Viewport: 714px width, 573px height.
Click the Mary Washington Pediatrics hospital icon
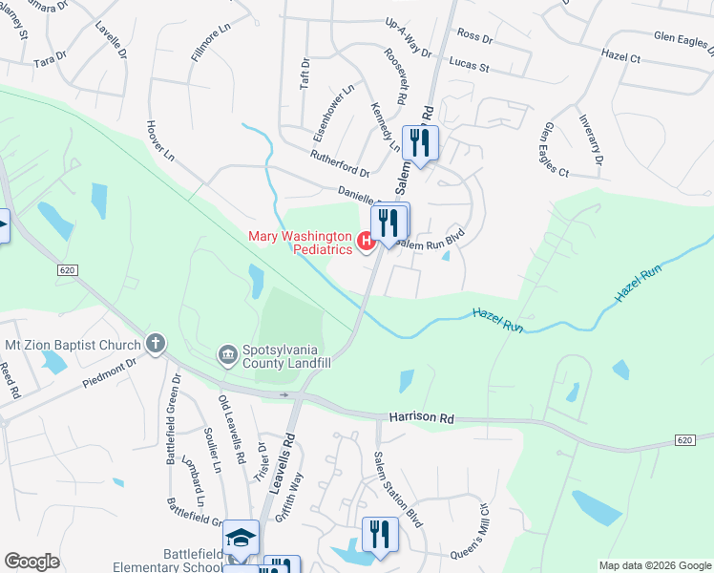(367, 244)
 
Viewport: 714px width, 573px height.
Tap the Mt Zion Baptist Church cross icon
(155, 343)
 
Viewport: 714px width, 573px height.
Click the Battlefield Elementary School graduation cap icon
(241, 539)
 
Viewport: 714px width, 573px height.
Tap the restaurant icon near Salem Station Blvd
(379, 535)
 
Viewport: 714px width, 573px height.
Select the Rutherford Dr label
(339, 163)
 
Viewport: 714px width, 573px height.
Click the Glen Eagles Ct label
(555, 150)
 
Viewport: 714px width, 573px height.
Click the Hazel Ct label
(621, 56)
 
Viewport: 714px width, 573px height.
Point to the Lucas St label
(470, 68)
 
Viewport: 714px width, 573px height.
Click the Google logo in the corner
(32, 562)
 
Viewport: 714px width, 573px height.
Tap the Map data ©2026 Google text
(655, 565)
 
